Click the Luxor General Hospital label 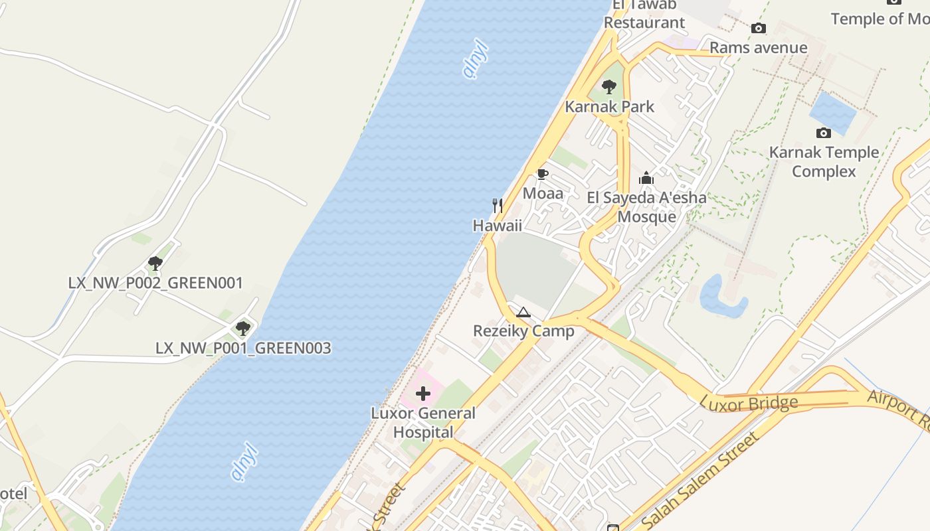pyautogui.click(x=423, y=423)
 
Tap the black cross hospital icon pyautogui.click(x=423, y=394)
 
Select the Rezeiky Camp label pyautogui.click(x=523, y=331)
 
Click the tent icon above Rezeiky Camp pyautogui.click(x=523, y=312)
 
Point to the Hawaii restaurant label pyautogui.click(x=497, y=226)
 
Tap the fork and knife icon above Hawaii pyautogui.click(x=497, y=206)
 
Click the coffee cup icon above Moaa pyautogui.click(x=542, y=175)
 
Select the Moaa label pyautogui.click(x=543, y=193)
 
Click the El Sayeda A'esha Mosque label pyautogui.click(x=646, y=207)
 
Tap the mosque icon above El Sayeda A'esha pyautogui.click(x=646, y=178)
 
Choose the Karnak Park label pyautogui.click(x=609, y=106)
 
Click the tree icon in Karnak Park pyautogui.click(x=608, y=87)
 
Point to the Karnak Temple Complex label pyautogui.click(x=824, y=162)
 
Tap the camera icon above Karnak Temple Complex pyautogui.click(x=824, y=133)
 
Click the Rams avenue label pyautogui.click(x=758, y=48)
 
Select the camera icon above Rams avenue pyautogui.click(x=758, y=29)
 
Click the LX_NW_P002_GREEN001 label pyautogui.click(x=155, y=283)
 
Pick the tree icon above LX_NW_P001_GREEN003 pyautogui.click(x=243, y=328)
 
